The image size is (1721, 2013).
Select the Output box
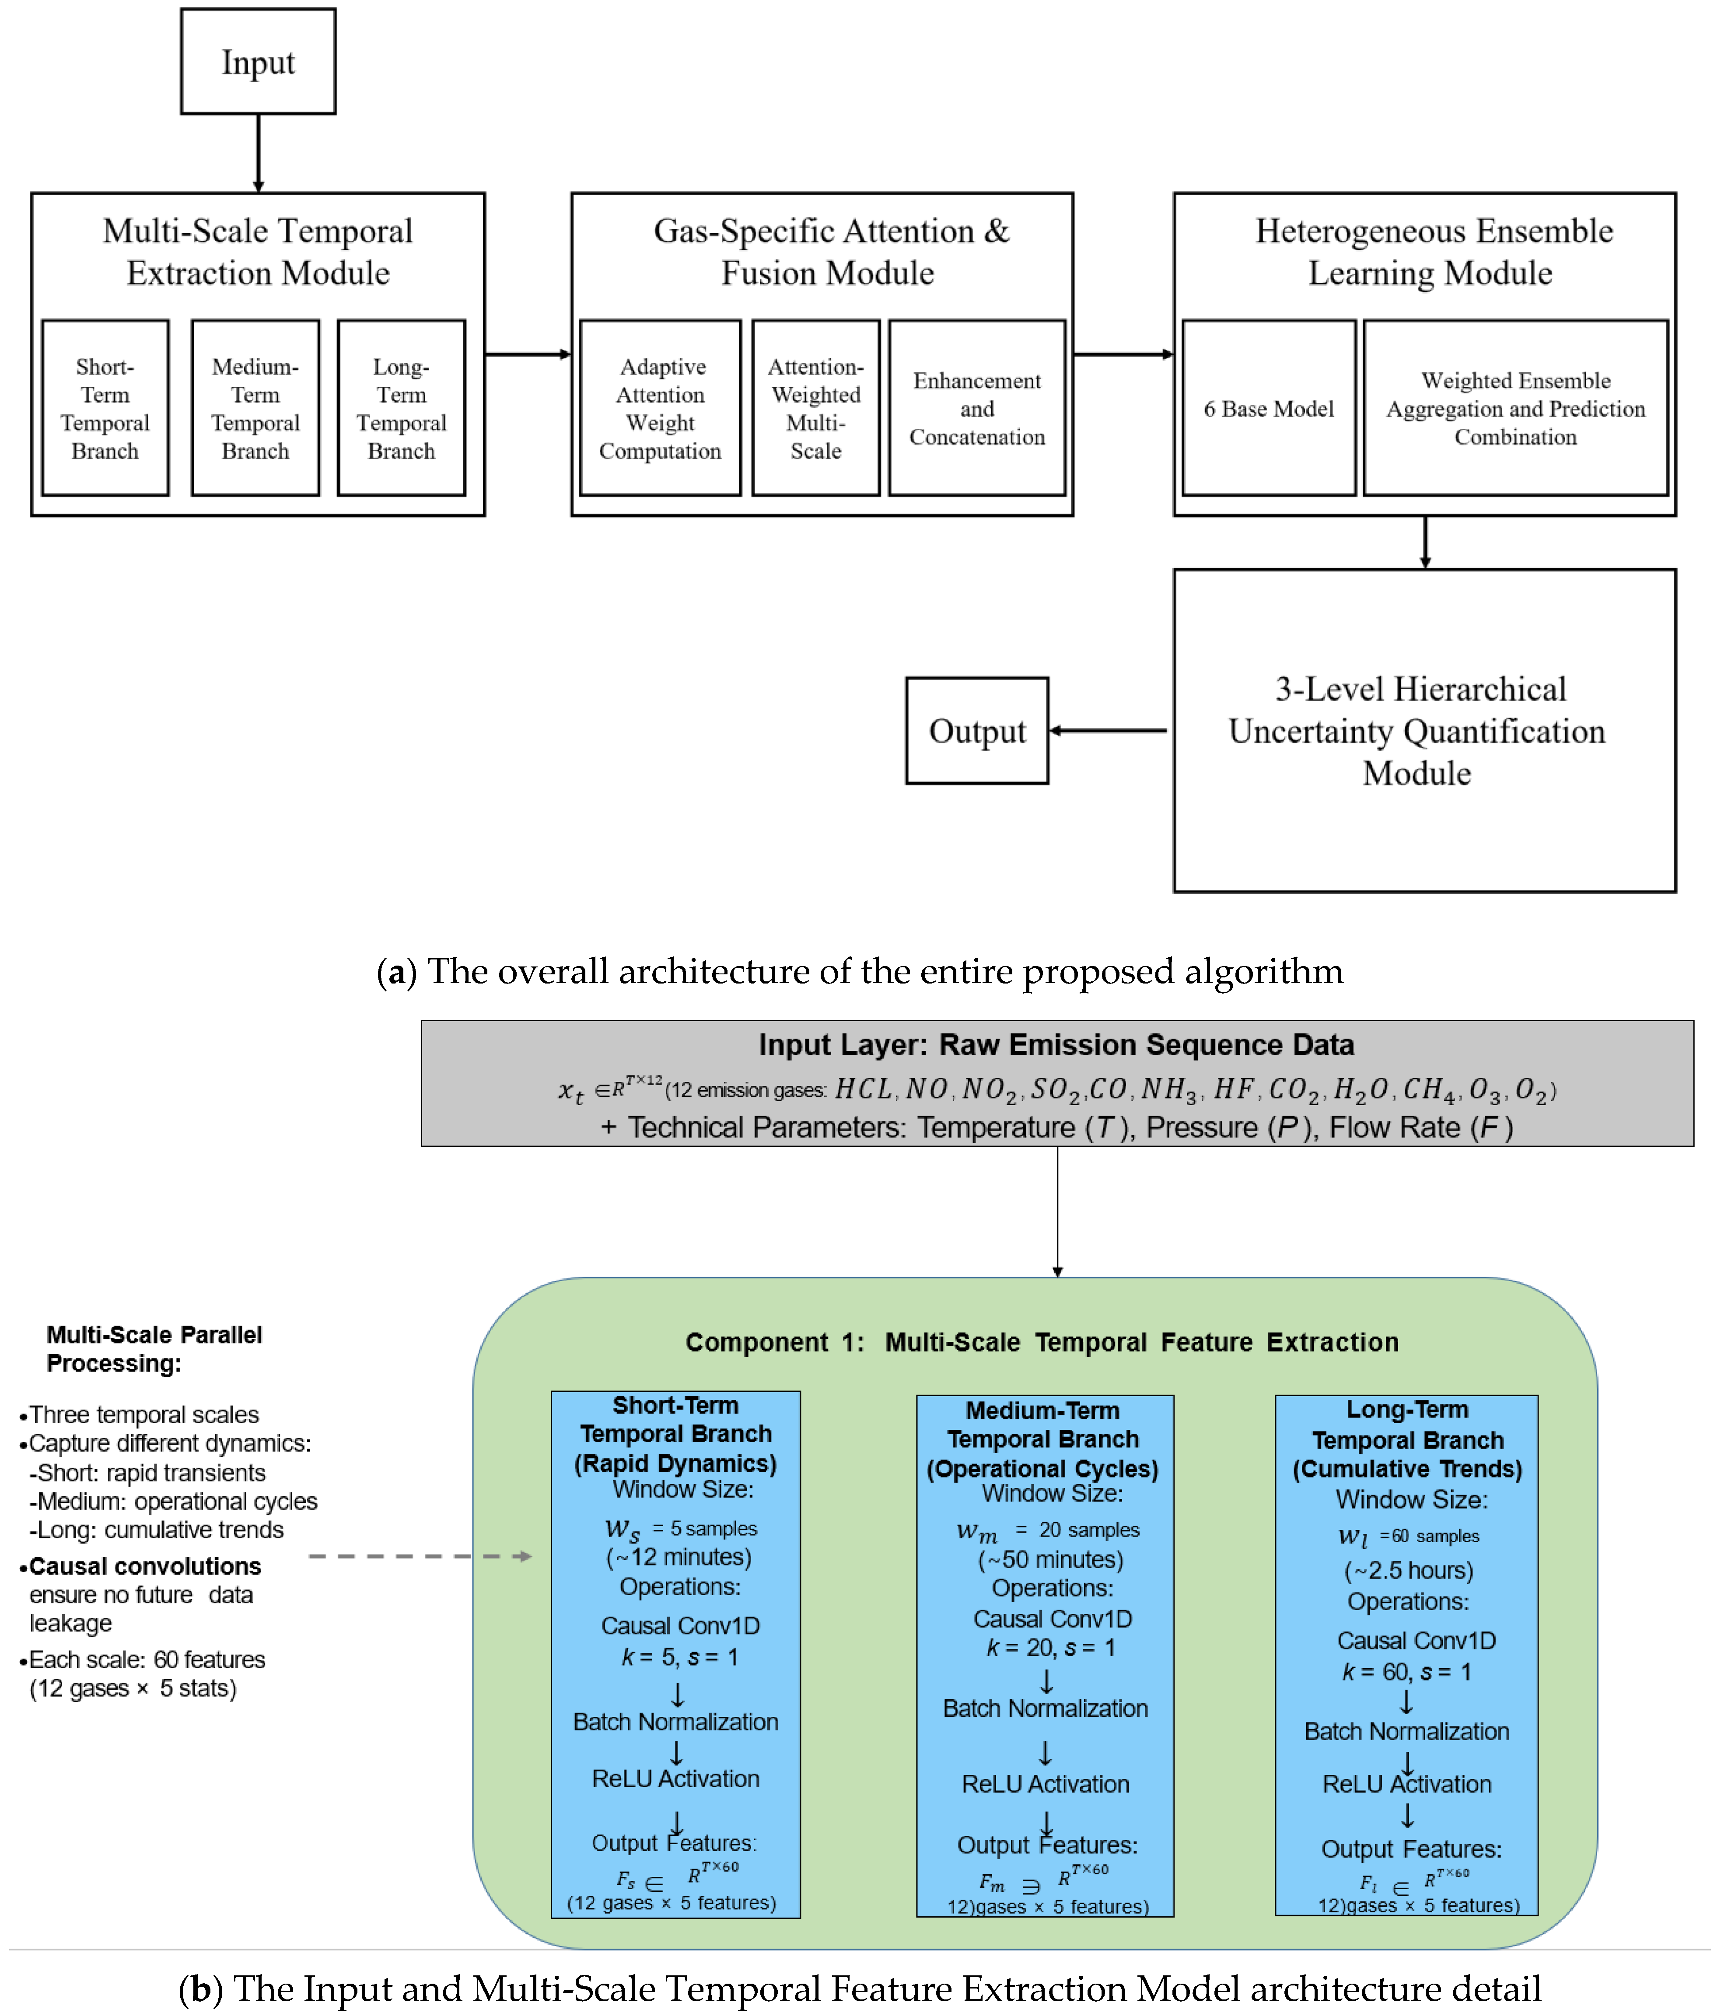(x=977, y=731)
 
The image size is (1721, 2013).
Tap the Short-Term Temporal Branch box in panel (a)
(x=105, y=408)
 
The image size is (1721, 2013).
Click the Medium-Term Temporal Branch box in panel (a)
(x=255, y=408)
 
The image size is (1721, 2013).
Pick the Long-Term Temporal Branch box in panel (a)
(x=401, y=408)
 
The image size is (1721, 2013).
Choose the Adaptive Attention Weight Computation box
(x=661, y=408)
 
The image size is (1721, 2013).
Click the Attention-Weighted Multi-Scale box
(x=816, y=408)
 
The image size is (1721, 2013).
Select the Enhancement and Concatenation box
(x=977, y=408)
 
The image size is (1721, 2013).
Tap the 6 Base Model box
(x=1270, y=408)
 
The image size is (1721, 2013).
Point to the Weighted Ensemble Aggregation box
(x=1516, y=408)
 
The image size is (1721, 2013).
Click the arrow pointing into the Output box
(x=1108, y=731)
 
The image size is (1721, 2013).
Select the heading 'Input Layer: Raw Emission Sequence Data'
(x=1056, y=1044)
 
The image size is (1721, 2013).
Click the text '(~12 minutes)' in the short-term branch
(x=679, y=1558)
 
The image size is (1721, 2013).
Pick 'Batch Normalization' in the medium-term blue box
(x=1045, y=1708)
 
